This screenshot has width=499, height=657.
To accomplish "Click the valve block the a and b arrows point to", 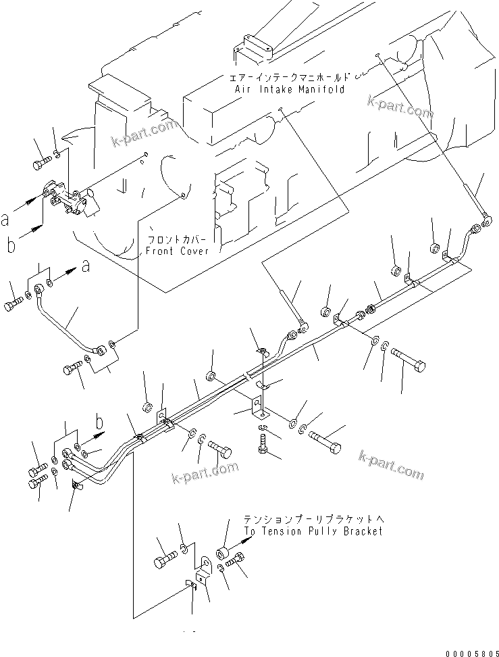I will [72, 201].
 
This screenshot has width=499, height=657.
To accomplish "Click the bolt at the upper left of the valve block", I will [42, 163].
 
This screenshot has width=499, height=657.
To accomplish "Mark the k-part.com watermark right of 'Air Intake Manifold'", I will [400, 106].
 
